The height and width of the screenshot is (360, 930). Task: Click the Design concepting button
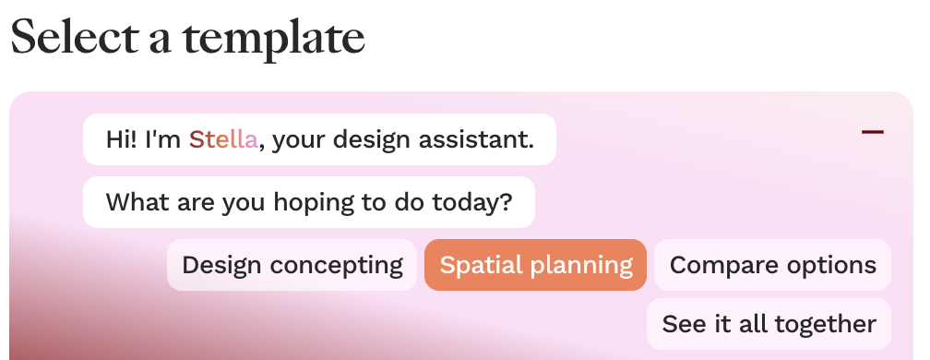click(292, 265)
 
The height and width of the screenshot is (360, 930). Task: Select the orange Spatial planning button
click(535, 265)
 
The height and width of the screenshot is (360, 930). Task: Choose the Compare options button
click(772, 265)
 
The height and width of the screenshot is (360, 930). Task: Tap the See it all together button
click(769, 324)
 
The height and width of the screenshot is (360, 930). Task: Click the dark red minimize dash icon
click(873, 132)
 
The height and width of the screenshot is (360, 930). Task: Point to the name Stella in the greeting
click(223, 140)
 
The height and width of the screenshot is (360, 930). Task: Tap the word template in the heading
click(273, 39)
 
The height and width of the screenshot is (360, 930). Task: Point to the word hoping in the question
click(313, 204)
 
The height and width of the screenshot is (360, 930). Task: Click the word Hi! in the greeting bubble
click(122, 140)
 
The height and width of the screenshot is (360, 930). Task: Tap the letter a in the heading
click(161, 42)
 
